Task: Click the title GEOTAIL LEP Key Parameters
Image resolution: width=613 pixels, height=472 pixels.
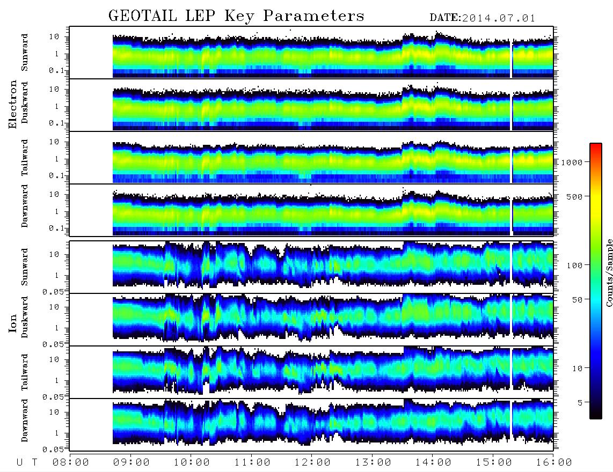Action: (236, 16)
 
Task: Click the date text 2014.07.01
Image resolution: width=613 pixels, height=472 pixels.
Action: (499, 18)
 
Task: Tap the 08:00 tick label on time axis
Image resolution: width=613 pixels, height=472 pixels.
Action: (71, 463)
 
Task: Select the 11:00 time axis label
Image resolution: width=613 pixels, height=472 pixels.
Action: (252, 463)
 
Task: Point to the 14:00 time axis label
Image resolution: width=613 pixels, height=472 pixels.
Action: (433, 463)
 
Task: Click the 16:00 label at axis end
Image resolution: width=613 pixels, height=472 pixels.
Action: (554, 463)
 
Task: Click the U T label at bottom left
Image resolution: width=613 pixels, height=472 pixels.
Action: (27, 463)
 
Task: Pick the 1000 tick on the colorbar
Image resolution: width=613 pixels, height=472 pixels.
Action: (572, 163)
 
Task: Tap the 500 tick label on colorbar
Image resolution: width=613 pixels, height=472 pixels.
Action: (574, 196)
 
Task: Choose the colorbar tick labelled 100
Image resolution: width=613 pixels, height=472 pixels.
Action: (574, 265)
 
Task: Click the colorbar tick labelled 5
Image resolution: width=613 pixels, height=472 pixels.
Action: (580, 402)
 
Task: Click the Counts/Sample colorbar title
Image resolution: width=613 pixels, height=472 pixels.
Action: (609, 272)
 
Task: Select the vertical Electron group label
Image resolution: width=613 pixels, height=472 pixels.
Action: (13, 104)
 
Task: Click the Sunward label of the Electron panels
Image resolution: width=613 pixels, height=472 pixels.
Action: (25, 53)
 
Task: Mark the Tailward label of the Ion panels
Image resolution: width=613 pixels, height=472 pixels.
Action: (25, 372)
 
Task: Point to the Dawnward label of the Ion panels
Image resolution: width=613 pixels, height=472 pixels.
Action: (25, 420)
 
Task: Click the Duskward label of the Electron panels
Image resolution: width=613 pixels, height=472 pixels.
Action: (25, 102)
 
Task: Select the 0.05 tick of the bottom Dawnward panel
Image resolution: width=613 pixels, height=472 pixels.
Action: (53, 449)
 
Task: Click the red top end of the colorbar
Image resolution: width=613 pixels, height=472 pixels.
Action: (595, 145)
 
